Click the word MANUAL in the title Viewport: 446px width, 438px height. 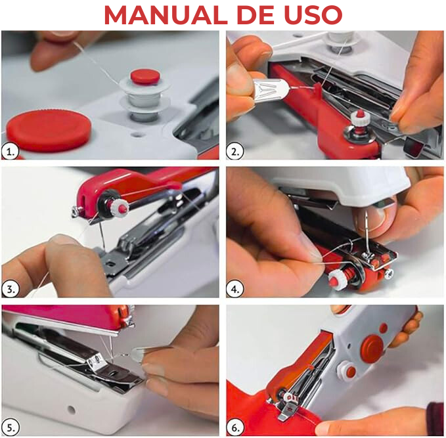pos(166,14)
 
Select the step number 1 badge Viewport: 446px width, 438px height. pos(11,151)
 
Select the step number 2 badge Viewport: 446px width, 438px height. pos(235,151)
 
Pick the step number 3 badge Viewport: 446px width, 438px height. pos(11,289)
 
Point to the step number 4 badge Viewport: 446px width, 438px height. pos(235,289)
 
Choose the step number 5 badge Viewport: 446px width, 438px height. pos(11,427)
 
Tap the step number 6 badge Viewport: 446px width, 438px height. pos(235,427)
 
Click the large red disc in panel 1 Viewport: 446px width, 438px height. pos(49,131)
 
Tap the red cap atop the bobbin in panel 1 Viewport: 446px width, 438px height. pos(145,76)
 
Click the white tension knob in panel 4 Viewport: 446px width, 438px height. pos(337,280)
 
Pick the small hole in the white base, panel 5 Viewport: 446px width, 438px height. pos(72,410)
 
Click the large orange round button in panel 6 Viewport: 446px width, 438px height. pos(372,349)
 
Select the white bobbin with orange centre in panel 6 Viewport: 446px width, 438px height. pos(347,371)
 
